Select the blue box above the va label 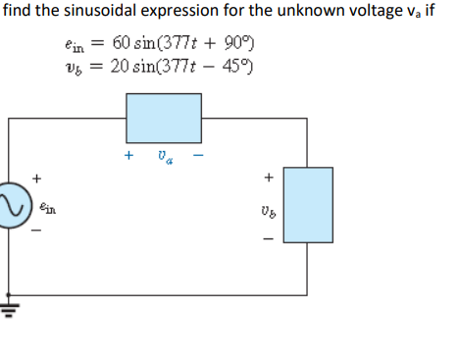164,120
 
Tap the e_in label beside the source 50,207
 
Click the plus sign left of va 128,155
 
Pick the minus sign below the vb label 265,236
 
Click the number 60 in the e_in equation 123,42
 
